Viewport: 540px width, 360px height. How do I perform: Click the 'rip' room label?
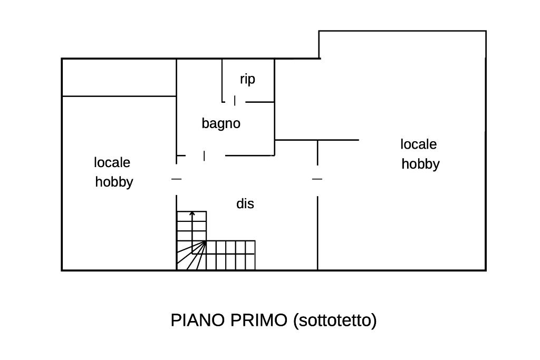pyautogui.click(x=247, y=80)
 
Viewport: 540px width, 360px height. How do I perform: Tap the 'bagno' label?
pyautogui.click(x=221, y=123)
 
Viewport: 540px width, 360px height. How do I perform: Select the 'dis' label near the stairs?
pyautogui.click(x=245, y=203)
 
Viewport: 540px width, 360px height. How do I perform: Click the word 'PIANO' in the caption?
pyautogui.click(x=198, y=320)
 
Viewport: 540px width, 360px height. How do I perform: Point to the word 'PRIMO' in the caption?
pyautogui.click(x=258, y=320)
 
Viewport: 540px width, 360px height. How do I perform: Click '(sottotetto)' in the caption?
pyautogui.click(x=335, y=320)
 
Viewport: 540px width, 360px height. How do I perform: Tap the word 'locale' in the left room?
pyautogui.click(x=112, y=162)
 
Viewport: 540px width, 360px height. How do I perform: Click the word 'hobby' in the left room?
pyautogui.click(x=114, y=182)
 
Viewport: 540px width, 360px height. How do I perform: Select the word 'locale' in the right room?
pyautogui.click(x=418, y=144)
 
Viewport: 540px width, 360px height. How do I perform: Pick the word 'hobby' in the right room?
pyautogui.click(x=420, y=164)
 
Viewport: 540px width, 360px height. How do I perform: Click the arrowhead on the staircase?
pyautogui.click(x=192, y=213)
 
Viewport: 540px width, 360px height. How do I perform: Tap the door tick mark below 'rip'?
pyautogui.click(x=235, y=101)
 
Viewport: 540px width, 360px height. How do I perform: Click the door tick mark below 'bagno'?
pyautogui.click(x=204, y=156)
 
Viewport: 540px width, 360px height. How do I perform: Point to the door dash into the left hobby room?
pyautogui.click(x=176, y=179)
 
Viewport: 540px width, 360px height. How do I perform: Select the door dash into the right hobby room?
pyautogui.click(x=317, y=179)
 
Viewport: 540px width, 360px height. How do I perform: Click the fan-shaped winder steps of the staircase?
pyautogui.click(x=191, y=255)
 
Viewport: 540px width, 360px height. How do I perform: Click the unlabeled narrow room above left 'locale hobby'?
pyautogui.click(x=119, y=77)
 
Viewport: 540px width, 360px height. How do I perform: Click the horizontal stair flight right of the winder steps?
pyautogui.click(x=231, y=255)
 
